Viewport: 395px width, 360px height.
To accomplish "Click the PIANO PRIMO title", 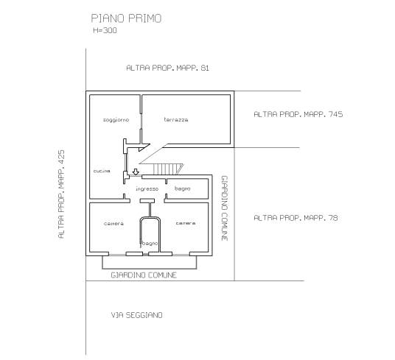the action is (x=126, y=18).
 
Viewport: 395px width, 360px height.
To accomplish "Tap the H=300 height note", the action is (x=105, y=30).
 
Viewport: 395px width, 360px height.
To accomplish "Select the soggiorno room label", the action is (x=116, y=120).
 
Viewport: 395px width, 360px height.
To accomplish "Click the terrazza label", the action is (x=176, y=120).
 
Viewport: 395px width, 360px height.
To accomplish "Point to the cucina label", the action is (x=102, y=171).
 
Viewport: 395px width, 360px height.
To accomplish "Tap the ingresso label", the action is (x=147, y=188).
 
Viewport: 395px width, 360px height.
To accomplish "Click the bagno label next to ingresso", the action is (x=183, y=188).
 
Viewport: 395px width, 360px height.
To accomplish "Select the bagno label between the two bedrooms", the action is (x=150, y=244).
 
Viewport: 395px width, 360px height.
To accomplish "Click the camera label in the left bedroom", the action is (x=113, y=224).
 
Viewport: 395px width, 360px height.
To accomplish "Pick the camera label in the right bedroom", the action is (x=186, y=223).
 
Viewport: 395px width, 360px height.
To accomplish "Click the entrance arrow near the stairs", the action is (x=136, y=172).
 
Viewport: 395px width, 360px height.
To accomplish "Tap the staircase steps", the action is (x=168, y=169).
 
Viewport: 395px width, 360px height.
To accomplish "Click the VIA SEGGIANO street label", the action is (x=136, y=315).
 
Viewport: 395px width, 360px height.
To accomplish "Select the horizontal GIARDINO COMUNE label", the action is (x=144, y=275).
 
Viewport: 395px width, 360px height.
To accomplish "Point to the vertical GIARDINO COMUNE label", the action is (x=225, y=208).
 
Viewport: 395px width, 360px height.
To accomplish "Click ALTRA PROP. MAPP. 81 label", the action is (x=167, y=68).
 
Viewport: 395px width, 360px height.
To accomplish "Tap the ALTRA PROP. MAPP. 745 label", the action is (x=298, y=114).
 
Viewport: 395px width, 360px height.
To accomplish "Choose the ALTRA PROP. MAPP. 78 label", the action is (x=296, y=218).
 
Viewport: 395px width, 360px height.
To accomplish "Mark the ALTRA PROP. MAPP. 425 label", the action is (x=61, y=194).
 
